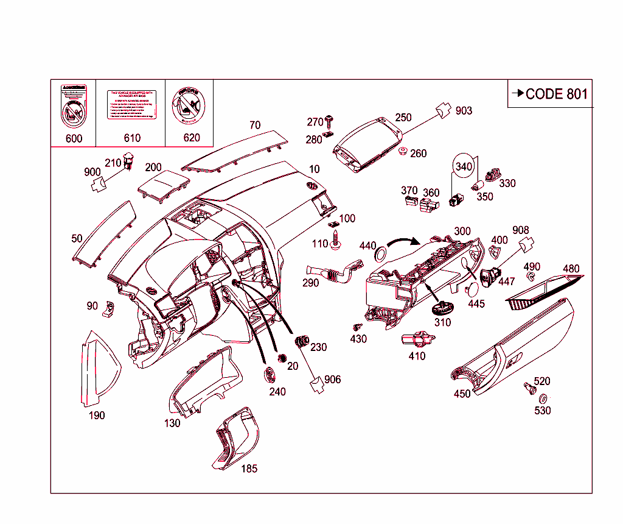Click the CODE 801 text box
coord(550,93)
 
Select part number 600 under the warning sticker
coord(74,138)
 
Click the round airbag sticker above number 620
coord(189,105)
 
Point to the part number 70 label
coord(255,125)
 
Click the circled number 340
coord(464,166)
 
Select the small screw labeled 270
coord(330,119)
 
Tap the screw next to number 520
coord(528,387)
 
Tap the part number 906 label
coord(333,380)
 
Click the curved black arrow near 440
coord(404,242)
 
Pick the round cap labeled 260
coord(402,151)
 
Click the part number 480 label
coord(571,269)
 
